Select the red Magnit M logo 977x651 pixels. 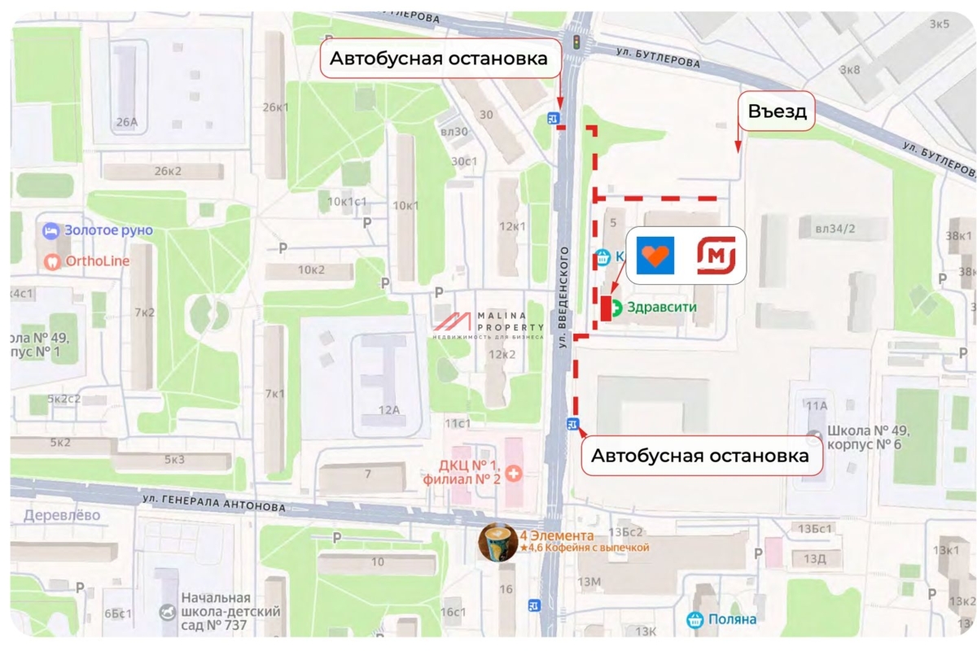(716, 256)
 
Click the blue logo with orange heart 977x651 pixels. (655, 256)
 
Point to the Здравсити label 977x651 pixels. (654, 308)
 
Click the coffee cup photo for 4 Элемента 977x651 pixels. (497, 542)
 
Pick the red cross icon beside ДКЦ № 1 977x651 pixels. (513, 472)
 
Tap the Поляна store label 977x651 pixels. (730, 619)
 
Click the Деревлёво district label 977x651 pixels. (62, 515)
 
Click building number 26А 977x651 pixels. (126, 123)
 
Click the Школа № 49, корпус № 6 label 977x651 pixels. (867, 438)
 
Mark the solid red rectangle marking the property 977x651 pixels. (606, 308)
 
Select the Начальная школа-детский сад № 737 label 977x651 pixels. (230, 611)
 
